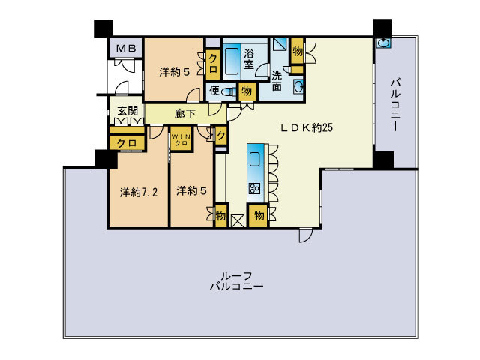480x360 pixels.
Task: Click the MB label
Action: pos(125,49)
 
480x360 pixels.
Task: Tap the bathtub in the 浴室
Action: pos(229,61)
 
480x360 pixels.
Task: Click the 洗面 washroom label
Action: pos(277,80)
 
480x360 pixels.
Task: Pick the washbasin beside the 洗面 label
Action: pos(298,88)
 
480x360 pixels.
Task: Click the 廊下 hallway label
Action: pos(185,114)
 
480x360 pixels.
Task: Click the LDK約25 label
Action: pos(307,127)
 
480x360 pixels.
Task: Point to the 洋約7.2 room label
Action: pos(139,192)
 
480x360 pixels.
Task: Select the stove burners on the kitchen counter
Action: pos(254,188)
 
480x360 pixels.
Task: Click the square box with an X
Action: pos(238,220)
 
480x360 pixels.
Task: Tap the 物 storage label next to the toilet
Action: pos(247,91)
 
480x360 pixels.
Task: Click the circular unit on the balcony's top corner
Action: pos(383,43)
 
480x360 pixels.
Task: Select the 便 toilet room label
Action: pos(214,91)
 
